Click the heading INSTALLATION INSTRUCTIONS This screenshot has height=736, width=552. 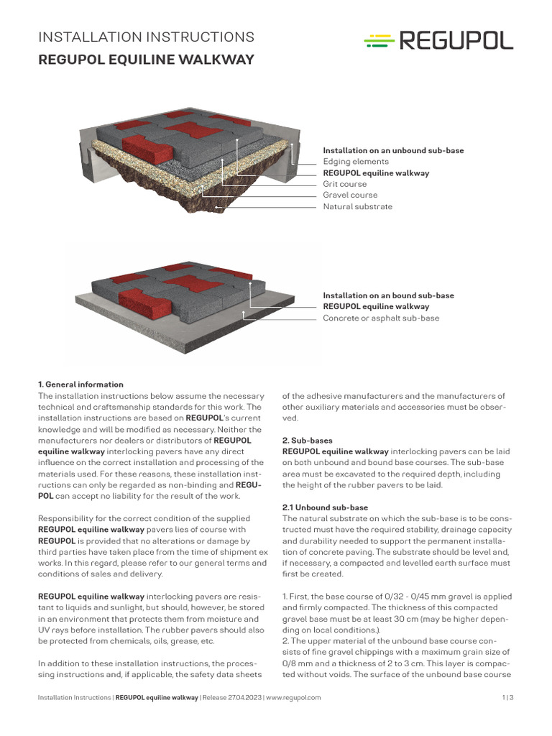point(146,37)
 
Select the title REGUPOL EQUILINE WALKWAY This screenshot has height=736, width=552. point(146,60)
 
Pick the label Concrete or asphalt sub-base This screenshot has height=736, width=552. point(381,318)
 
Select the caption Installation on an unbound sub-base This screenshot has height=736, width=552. point(393,150)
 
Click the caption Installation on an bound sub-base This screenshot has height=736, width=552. point(388,295)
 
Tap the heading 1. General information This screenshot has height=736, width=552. point(80,385)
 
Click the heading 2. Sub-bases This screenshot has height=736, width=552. point(308,440)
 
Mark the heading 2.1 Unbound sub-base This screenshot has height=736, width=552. point(322,507)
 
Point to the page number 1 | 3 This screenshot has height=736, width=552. point(507,697)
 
